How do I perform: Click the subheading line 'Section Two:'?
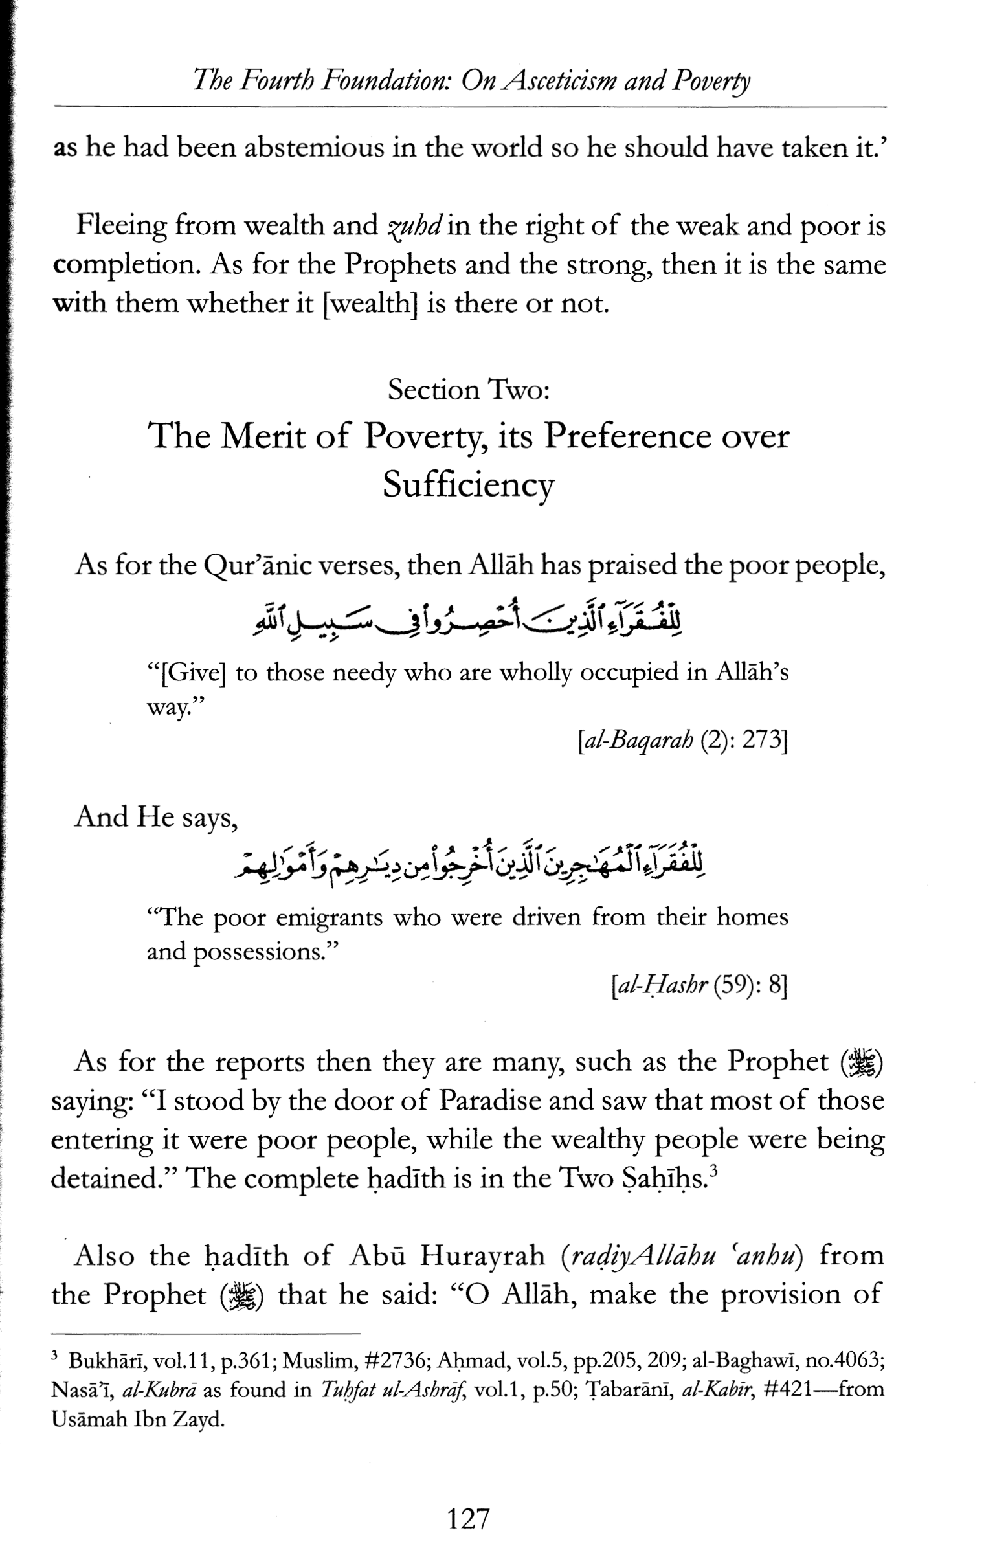click(x=469, y=390)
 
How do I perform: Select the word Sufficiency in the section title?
click(x=469, y=484)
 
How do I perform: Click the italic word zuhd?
click(x=413, y=226)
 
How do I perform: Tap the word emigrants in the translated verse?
click(x=330, y=918)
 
